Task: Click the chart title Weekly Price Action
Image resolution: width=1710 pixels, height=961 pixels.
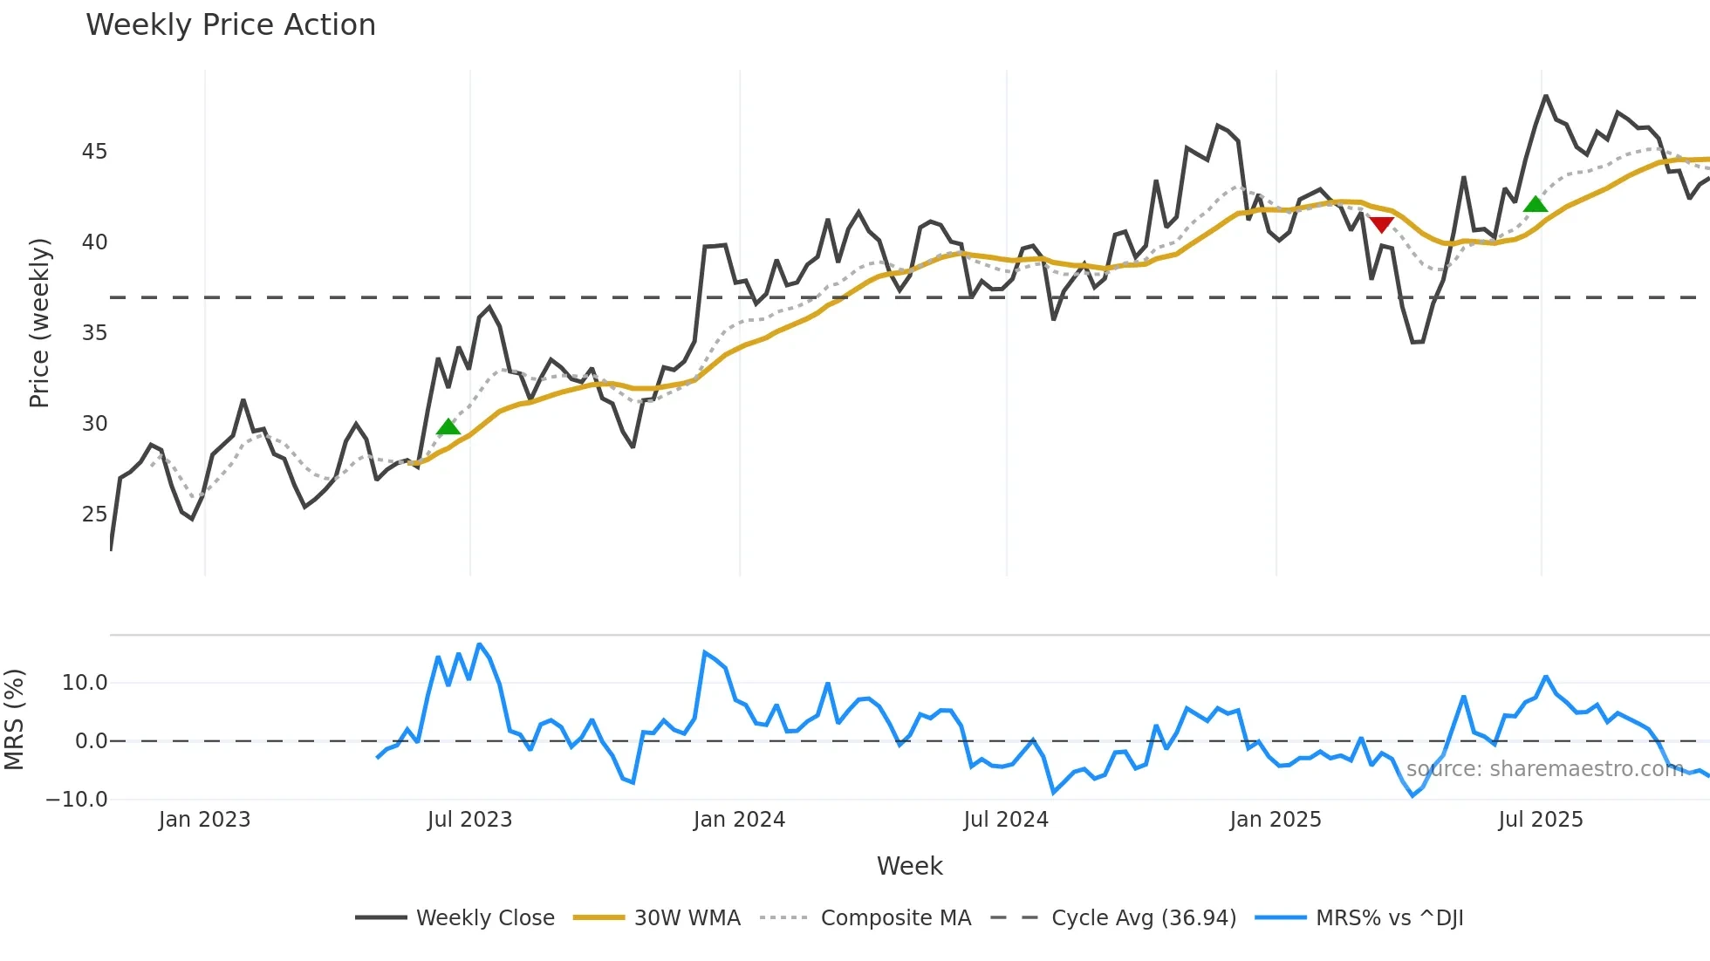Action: click(x=230, y=25)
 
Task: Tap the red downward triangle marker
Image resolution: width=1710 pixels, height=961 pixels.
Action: click(x=1381, y=225)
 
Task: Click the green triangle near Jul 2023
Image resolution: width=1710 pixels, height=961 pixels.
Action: click(x=448, y=426)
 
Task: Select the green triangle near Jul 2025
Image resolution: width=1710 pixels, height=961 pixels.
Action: click(x=1535, y=205)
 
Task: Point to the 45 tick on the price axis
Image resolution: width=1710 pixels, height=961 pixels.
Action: click(x=94, y=152)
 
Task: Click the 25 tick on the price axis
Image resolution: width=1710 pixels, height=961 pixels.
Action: click(x=94, y=515)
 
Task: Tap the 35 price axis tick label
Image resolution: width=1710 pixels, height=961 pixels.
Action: click(x=94, y=333)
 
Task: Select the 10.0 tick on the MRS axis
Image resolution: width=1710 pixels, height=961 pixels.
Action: click(x=85, y=683)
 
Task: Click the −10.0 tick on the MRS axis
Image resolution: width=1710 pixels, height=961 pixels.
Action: click(x=77, y=800)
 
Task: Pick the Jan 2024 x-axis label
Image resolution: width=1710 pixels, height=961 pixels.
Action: click(x=739, y=820)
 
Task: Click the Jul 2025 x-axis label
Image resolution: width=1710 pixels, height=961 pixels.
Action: click(x=1540, y=820)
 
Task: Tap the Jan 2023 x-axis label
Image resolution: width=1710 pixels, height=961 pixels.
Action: click(x=204, y=820)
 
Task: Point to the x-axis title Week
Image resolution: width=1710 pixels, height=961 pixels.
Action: click(x=909, y=866)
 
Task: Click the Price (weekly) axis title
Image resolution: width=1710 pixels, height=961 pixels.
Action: click(x=39, y=323)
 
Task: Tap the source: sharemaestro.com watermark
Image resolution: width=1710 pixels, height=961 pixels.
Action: click(x=1544, y=769)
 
